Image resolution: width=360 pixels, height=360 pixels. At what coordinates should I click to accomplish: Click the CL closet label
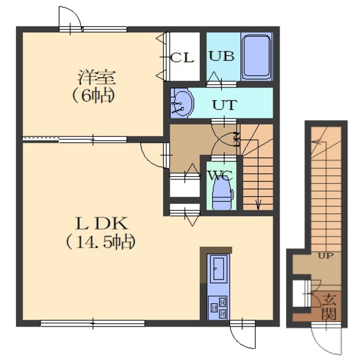tap(182, 58)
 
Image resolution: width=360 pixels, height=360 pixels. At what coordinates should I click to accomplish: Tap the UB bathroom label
tap(222, 56)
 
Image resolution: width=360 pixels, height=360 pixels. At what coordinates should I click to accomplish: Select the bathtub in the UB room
tap(256, 57)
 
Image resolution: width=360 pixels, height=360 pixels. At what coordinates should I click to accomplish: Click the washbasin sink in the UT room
tap(182, 103)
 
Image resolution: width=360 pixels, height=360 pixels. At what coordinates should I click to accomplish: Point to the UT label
tap(224, 105)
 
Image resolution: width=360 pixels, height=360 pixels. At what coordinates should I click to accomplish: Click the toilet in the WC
tap(222, 194)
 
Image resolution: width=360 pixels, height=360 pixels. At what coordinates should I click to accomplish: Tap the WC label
tap(220, 176)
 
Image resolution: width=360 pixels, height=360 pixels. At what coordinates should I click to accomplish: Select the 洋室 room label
tap(96, 77)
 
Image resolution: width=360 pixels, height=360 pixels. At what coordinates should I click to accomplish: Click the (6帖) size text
tap(94, 96)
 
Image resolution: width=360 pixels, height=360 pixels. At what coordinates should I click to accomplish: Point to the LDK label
tap(102, 224)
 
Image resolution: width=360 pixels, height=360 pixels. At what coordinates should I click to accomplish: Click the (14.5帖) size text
tap(100, 242)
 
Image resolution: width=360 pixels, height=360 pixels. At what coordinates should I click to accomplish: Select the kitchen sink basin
tap(219, 269)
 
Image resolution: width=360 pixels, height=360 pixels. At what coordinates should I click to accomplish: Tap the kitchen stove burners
tap(218, 308)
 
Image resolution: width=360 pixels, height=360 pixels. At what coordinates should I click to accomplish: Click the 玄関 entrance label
tap(328, 307)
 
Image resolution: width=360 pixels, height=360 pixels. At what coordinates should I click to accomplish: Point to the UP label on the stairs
tap(326, 256)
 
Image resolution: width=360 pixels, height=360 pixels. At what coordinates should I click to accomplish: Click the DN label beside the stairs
tap(237, 139)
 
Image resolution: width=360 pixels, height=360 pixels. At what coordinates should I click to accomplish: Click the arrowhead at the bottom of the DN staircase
tap(258, 204)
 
